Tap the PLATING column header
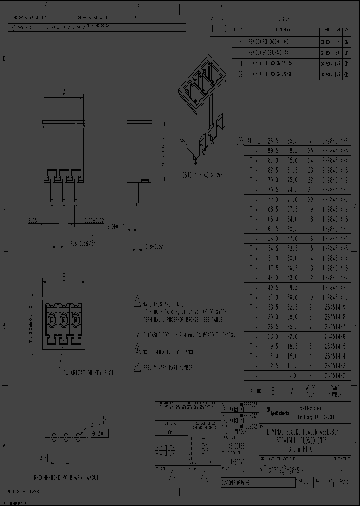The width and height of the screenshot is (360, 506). click(x=253, y=391)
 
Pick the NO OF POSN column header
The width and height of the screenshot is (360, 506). click(x=310, y=391)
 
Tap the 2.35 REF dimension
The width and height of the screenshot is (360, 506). click(x=33, y=222)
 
